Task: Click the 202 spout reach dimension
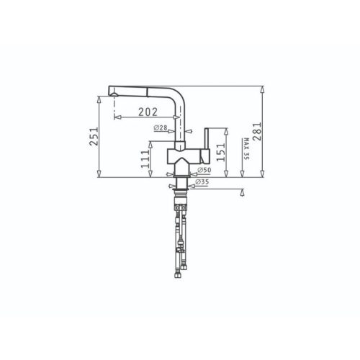[148, 112]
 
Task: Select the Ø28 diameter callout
[161, 127]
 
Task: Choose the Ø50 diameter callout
[203, 170]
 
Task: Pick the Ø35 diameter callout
[203, 183]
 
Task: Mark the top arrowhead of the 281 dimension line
[262, 89]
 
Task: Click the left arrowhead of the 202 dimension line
[116, 117]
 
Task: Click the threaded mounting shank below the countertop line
[180, 189]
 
